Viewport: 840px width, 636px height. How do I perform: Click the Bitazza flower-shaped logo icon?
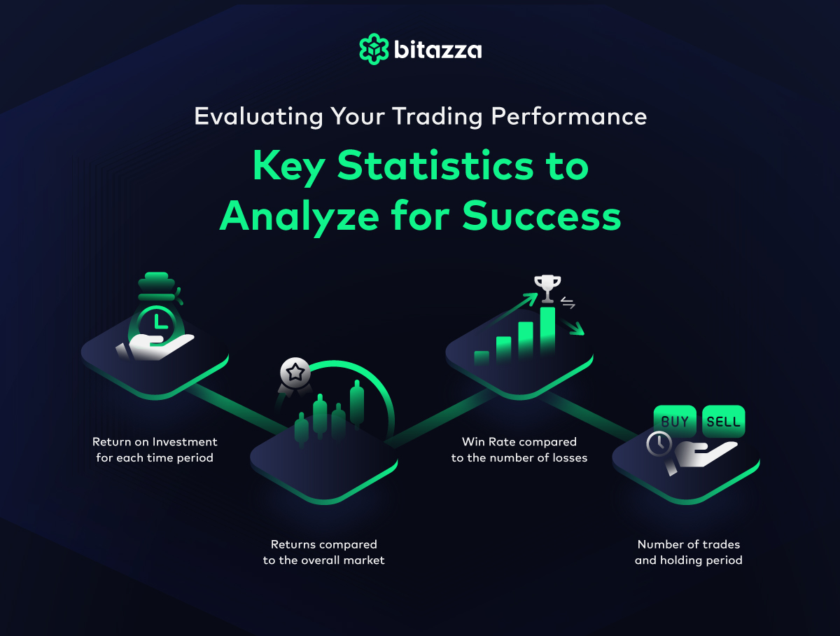click(x=374, y=49)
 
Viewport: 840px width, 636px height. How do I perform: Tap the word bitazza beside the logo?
click(x=437, y=50)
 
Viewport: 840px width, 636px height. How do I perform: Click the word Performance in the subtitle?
click(x=568, y=116)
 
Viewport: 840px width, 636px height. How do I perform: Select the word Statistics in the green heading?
click(x=435, y=166)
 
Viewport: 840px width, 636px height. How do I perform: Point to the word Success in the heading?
click(x=542, y=216)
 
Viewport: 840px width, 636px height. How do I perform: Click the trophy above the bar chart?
click(x=547, y=289)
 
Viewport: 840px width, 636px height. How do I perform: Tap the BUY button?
click(x=675, y=421)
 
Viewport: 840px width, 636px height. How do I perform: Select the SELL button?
click(x=724, y=421)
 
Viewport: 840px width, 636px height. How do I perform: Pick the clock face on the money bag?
click(x=157, y=324)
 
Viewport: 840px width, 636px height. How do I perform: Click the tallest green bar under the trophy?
click(x=547, y=331)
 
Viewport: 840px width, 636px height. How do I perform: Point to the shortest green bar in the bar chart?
click(x=482, y=358)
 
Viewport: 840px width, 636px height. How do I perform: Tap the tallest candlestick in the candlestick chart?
click(x=357, y=404)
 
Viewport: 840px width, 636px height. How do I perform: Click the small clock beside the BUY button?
click(x=659, y=444)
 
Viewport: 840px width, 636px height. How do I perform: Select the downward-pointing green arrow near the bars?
click(x=571, y=326)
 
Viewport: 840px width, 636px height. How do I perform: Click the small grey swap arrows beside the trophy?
click(x=568, y=303)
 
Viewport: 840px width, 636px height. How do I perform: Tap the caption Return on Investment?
click(x=155, y=442)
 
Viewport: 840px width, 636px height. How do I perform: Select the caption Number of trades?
click(x=689, y=544)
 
